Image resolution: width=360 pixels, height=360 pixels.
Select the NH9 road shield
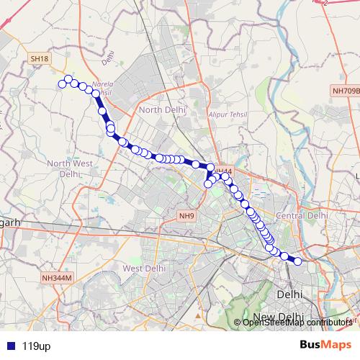click(x=187, y=215)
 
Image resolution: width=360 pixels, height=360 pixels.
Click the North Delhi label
click(x=162, y=109)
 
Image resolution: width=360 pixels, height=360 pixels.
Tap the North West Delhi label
click(x=70, y=168)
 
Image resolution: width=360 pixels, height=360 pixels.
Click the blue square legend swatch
click(x=10, y=346)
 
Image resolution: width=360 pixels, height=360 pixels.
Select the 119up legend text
click(x=36, y=346)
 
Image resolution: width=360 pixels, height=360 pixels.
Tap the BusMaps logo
click(x=325, y=345)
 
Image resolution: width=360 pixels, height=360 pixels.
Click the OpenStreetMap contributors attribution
click(x=296, y=323)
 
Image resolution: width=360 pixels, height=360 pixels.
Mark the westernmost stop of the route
click(x=62, y=84)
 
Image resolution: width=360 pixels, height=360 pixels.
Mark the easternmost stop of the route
click(x=297, y=261)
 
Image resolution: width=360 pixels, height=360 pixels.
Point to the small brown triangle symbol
click(x=197, y=314)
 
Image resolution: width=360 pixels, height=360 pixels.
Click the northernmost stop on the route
click(x=68, y=79)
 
